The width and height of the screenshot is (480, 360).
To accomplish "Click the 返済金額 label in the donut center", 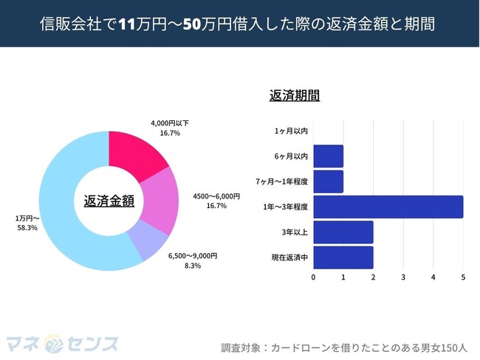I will click(109, 200).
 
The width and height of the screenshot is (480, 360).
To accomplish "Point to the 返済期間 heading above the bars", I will click(295, 95).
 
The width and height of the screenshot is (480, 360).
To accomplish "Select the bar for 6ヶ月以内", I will click(329, 156).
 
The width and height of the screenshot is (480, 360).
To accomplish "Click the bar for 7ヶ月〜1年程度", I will click(329, 181).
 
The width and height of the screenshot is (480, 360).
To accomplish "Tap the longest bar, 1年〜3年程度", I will click(388, 207).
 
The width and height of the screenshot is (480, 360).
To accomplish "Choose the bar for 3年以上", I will click(343, 232).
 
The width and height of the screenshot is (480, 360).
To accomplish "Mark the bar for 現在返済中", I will click(343, 257).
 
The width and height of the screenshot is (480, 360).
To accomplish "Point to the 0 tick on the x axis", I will click(314, 278).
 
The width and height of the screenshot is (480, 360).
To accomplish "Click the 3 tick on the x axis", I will click(403, 278).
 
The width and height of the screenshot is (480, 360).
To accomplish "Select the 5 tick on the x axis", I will click(463, 278).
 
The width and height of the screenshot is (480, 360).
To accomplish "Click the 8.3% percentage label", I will click(192, 265).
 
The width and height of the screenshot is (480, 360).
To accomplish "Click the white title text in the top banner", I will click(240, 24).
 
